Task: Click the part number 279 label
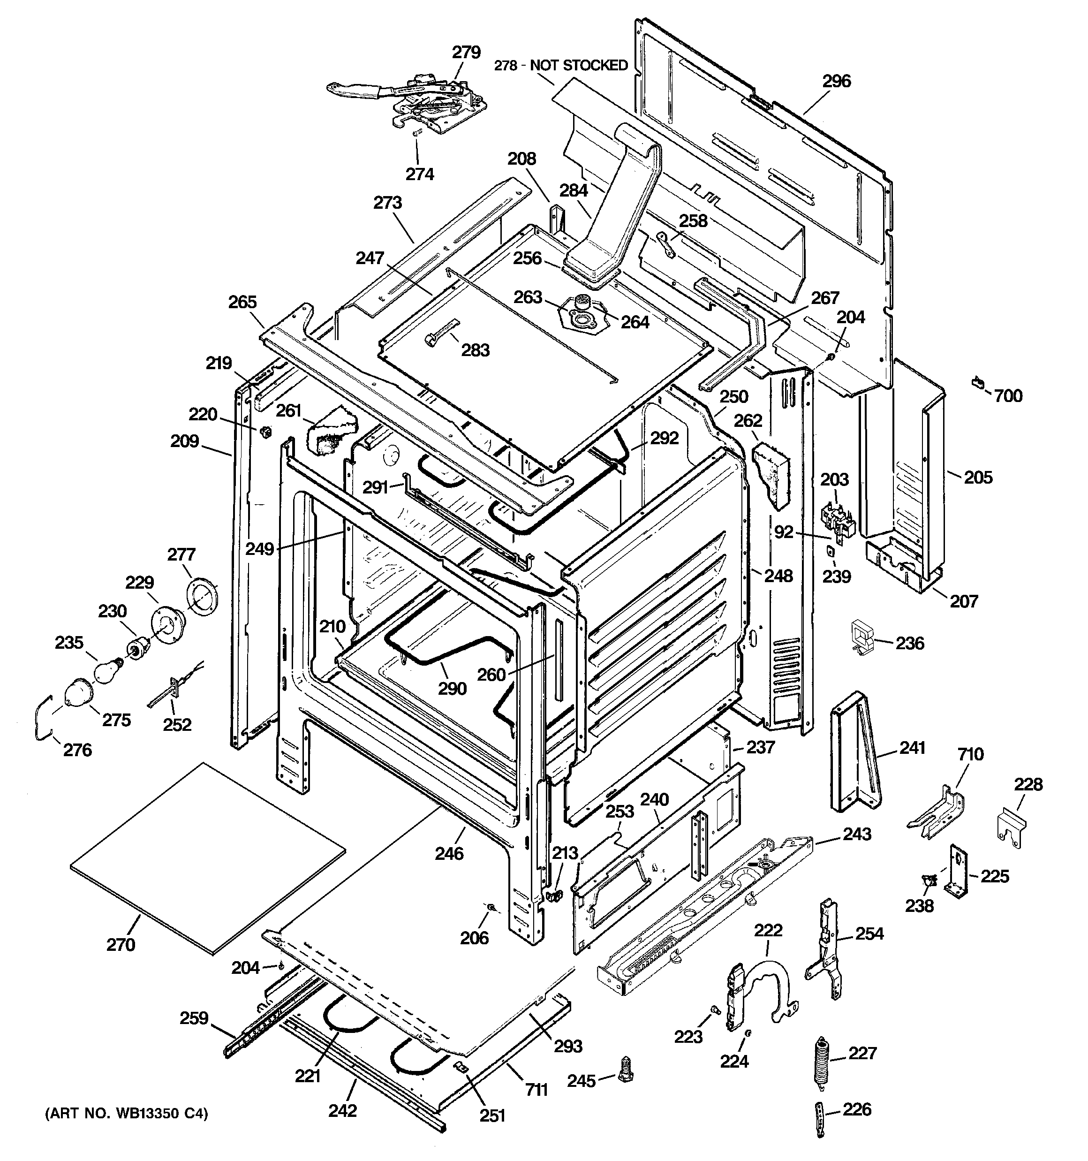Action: point(466,53)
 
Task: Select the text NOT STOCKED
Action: point(578,65)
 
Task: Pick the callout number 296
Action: point(836,81)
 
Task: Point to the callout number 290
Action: point(452,689)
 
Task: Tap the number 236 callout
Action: point(909,644)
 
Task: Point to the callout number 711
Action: point(536,1089)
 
